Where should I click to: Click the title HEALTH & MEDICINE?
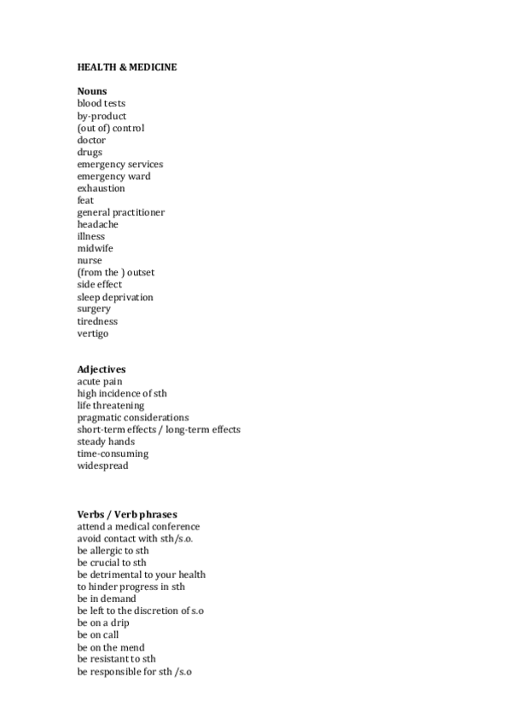(x=127, y=67)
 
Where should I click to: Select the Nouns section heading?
(x=92, y=91)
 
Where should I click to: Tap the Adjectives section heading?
(x=102, y=369)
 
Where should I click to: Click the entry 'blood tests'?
(x=101, y=104)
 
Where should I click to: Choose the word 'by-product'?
(x=102, y=116)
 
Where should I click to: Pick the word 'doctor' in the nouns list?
(x=91, y=140)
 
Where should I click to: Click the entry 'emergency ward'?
(x=113, y=176)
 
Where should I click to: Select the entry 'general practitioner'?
(x=120, y=212)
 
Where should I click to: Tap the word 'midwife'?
(x=95, y=248)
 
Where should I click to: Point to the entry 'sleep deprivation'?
(x=115, y=297)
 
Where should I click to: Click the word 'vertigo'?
(x=93, y=333)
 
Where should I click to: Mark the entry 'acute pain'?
(x=99, y=381)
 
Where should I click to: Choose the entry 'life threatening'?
(x=111, y=406)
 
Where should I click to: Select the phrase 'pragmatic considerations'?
(x=132, y=418)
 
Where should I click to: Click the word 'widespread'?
(x=102, y=466)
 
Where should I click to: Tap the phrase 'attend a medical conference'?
(x=138, y=526)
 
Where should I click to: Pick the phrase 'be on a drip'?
(x=103, y=622)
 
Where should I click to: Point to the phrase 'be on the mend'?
(x=110, y=647)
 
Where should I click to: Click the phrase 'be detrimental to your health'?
(x=141, y=575)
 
